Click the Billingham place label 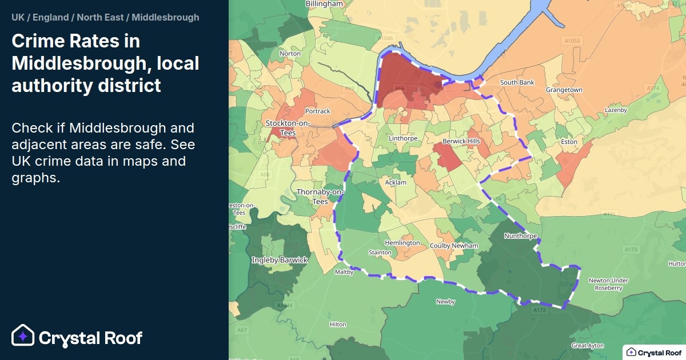324,3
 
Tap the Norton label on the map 290,54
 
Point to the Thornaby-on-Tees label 320,197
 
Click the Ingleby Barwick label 280,260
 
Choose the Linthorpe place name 403,139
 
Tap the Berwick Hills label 461,141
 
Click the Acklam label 396,182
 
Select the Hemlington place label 402,243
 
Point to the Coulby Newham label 454,246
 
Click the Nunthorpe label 520,235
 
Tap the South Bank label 517,83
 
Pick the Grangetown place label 564,90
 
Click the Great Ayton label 588,346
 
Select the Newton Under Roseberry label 608,284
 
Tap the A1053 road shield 572,41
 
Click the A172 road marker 539,310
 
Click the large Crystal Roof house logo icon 23,337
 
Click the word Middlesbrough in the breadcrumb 165,17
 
